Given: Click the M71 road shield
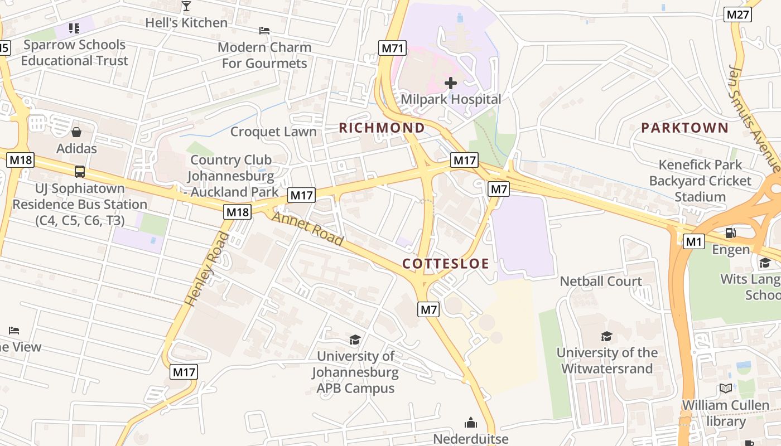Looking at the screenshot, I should point(392,48).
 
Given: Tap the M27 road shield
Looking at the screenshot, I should point(737,14).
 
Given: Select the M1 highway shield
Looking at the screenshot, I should point(693,241).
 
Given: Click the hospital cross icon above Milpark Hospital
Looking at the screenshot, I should point(451,83).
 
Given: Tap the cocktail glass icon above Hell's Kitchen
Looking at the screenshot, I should point(186,6).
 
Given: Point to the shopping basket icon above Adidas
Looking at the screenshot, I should point(76,132).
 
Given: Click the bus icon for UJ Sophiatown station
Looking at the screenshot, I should point(80,172).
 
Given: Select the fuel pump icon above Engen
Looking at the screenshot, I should point(730,232).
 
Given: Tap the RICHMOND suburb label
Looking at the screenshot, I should point(382,128).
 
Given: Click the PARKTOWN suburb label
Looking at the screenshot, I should point(684,128).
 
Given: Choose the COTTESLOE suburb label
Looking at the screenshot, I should point(446,264).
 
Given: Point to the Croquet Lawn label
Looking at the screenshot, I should point(273,132).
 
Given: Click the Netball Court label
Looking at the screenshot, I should point(601,281).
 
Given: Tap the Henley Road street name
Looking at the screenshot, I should point(207,269).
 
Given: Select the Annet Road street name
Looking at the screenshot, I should point(307,229).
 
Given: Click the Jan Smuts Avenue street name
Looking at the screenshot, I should point(754,119).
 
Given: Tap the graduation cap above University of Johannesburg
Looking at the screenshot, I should point(355,340).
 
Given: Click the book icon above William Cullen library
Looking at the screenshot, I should point(726,389).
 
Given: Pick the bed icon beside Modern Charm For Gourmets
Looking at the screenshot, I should point(264,31).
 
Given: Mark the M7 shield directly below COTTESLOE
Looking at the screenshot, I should point(428,309).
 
